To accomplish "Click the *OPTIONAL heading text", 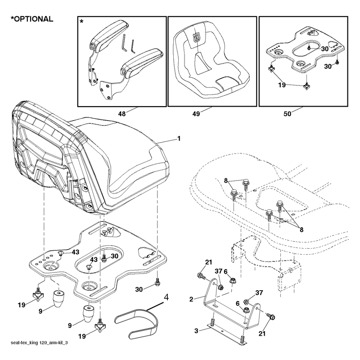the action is (32, 19).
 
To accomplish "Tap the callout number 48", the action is (122, 114).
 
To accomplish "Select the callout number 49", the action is (196, 114).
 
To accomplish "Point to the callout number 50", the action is (287, 114).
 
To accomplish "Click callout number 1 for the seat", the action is (179, 139).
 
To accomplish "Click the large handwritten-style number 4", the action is (166, 297).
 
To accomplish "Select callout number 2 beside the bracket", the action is (191, 299).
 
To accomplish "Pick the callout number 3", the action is (196, 331).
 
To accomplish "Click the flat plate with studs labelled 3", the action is (227, 333).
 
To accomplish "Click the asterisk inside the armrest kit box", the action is (81, 22).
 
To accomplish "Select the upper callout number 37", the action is (219, 271).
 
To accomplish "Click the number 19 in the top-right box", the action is (282, 85).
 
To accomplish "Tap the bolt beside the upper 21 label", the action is (201, 275).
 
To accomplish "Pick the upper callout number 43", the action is (75, 252).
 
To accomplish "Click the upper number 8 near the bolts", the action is (226, 181).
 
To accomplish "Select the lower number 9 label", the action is (70, 325).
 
